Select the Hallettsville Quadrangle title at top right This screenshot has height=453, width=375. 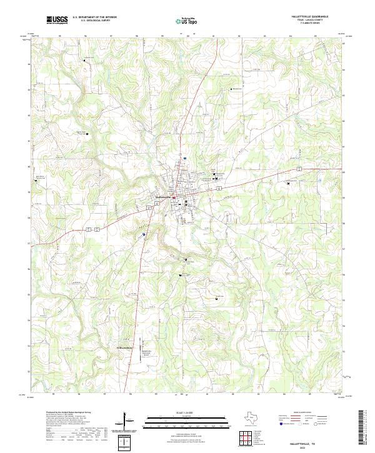pos(309,16)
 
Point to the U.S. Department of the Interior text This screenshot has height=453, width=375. pos(94,17)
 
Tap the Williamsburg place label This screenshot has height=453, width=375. pos(126,347)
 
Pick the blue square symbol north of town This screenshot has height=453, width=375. pos(185,158)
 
